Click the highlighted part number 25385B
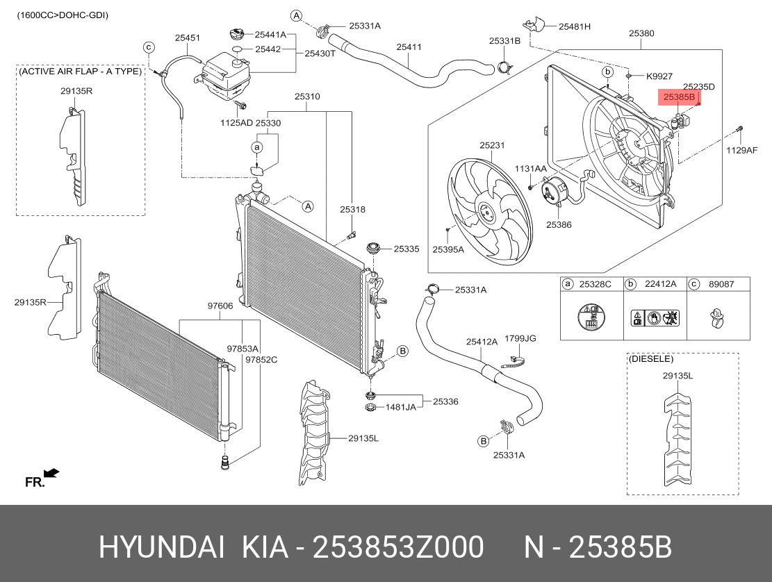(x=679, y=98)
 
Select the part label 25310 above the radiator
(x=306, y=97)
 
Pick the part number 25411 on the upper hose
(x=409, y=47)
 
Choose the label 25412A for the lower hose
(x=482, y=342)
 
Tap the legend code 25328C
(x=596, y=284)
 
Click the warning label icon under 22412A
(x=655, y=319)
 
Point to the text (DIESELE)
(x=650, y=359)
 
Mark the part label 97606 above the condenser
(x=220, y=306)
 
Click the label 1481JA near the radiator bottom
(x=401, y=407)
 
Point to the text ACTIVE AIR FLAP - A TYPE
(x=80, y=72)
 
